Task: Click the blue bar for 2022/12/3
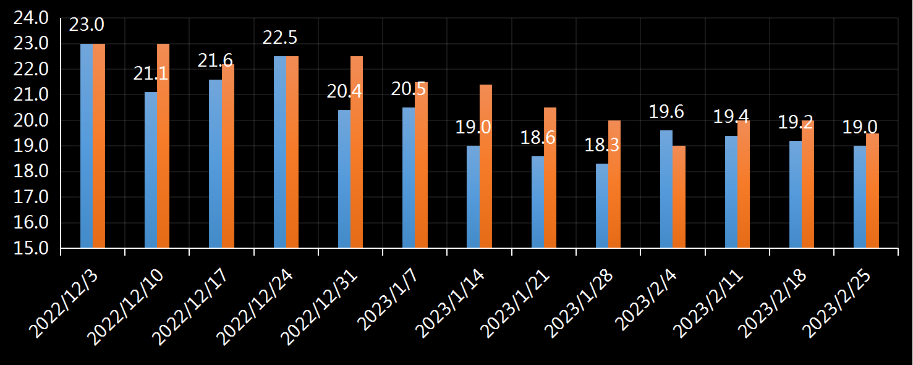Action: [x=87, y=146]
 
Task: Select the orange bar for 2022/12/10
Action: [x=163, y=146]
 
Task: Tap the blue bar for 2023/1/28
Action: [x=602, y=206]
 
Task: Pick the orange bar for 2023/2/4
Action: [x=679, y=197]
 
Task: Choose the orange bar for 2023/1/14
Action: [x=486, y=166]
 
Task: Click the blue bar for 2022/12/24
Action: [x=280, y=152]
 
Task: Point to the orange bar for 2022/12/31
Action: [x=357, y=152]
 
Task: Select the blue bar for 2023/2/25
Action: [x=860, y=197]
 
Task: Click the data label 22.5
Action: [x=280, y=38]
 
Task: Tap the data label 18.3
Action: [x=602, y=145]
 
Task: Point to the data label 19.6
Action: [x=666, y=112]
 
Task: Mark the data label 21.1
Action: [x=151, y=73]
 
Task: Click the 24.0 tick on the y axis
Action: [x=31, y=18]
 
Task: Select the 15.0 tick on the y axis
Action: [x=31, y=248]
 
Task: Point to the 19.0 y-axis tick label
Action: [x=31, y=146]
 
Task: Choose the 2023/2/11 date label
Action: [x=708, y=303]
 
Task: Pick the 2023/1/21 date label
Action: [x=515, y=303]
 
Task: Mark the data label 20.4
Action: [x=344, y=91]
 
